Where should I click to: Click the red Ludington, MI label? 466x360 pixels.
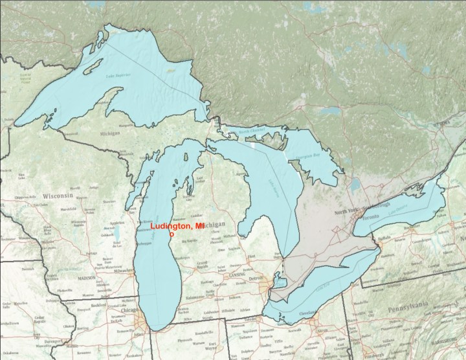tap(177, 226)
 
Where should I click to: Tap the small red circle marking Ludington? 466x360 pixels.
tap(172, 236)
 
